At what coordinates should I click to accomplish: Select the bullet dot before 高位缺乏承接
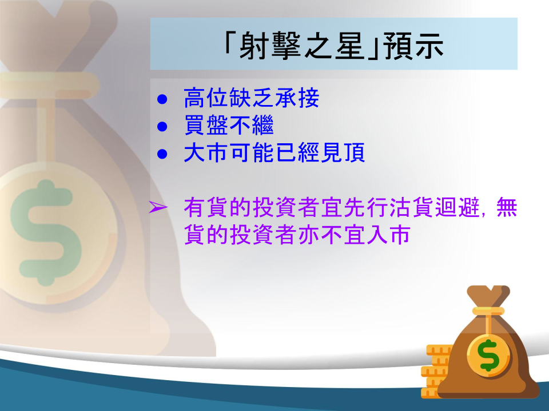(162, 99)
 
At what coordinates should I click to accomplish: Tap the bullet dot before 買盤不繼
(162, 127)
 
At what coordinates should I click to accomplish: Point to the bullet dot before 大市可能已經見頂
(162, 154)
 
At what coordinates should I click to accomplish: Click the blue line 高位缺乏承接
(252, 98)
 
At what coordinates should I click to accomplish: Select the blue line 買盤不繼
(229, 125)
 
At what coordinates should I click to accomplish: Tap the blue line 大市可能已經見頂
(274, 152)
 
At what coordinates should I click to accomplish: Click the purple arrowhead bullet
(158, 207)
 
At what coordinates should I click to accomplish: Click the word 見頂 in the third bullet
(343, 152)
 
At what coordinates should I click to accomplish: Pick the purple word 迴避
(457, 207)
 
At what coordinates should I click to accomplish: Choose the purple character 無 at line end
(507, 207)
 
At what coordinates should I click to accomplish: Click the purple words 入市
(388, 235)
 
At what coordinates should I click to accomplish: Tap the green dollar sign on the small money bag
(489, 356)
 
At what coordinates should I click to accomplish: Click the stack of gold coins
(436, 371)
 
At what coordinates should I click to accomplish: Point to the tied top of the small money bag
(488, 296)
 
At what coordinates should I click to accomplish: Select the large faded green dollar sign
(46, 233)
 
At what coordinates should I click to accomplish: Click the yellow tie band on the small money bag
(488, 311)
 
